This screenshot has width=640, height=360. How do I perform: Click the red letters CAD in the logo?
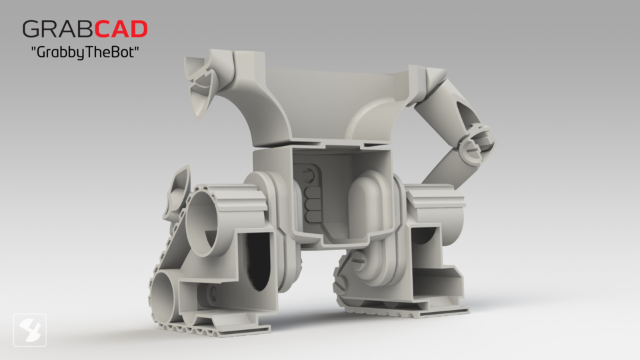(121, 29)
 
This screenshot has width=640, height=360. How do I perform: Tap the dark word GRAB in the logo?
(57, 29)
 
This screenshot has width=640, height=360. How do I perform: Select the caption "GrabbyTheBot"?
(85, 53)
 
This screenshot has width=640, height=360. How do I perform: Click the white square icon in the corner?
(29, 330)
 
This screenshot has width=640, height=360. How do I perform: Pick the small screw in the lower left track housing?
(212, 294)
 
